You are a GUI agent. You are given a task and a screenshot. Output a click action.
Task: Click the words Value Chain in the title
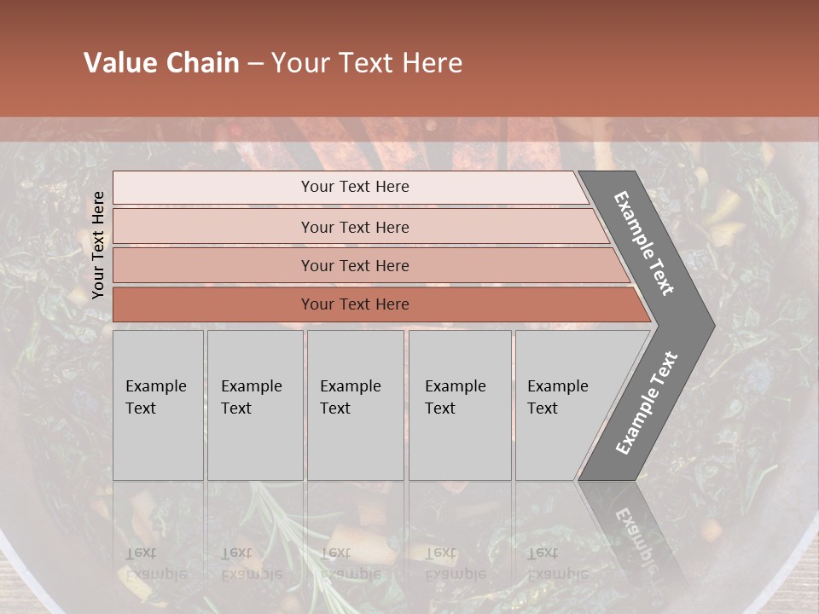(x=161, y=63)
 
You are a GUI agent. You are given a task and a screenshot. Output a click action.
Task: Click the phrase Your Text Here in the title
(x=367, y=63)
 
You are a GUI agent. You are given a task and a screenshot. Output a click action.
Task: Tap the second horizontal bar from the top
(x=354, y=227)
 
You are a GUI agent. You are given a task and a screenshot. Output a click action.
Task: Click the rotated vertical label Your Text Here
(x=98, y=245)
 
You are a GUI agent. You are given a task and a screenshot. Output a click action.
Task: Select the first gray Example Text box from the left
(x=158, y=405)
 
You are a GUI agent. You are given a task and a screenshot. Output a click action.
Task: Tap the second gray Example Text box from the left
(x=254, y=405)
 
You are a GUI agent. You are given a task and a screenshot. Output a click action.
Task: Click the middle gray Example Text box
(x=355, y=405)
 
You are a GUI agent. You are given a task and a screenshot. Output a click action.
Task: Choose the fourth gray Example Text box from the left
(x=459, y=405)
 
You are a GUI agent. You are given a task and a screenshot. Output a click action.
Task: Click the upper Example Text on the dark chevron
(x=644, y=243)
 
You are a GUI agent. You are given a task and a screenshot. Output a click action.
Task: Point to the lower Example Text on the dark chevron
(x=647, y=403)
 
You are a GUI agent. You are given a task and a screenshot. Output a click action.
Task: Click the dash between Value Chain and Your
(x=255, y=64)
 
